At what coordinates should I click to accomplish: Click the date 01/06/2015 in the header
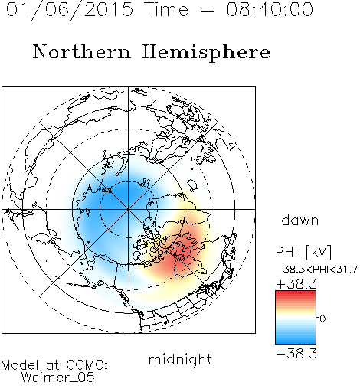click(x=70, y=10)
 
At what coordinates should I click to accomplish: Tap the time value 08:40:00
click(x=270, y=9)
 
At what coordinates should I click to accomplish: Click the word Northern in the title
click(x=82, y=51)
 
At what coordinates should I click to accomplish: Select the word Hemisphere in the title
click(x=206, y=52)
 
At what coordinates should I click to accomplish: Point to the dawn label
click(x=300, y=220)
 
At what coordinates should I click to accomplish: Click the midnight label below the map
click(x=180, y=360)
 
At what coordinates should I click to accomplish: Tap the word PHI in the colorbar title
click(x=286, y=252)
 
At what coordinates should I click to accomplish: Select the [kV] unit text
click(x=318, y=252)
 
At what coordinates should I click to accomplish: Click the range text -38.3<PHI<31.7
click(x=316, y=270)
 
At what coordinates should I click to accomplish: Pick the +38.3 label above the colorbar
click(x=296, y=284)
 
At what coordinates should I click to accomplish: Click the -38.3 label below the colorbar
click(x=296, y=354)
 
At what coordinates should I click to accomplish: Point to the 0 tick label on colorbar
click(x=322, y=319)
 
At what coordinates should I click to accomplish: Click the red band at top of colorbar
click(x=296, y=294)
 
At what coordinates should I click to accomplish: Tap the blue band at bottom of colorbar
click(x=296, y=340)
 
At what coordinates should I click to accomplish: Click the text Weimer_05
click(x=58, y=378)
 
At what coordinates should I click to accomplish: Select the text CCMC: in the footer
click(x=87, y=364)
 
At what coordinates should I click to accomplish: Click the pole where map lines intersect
click(x=128, y=209)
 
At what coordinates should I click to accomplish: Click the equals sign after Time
click(x=207, y=10)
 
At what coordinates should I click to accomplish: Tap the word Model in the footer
click(x=20, y=364)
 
